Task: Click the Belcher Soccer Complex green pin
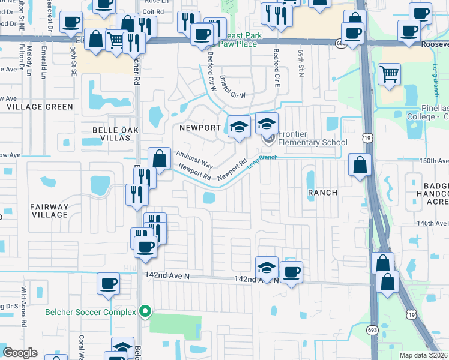click(x=145, y=311)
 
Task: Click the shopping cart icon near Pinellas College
click(x=390, y=75)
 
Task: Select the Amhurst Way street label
click(x=194, y=159)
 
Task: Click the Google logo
click(x=20, y=353)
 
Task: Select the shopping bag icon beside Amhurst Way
click(x=159, y=160)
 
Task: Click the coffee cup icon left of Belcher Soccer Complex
click(x=109, y=284)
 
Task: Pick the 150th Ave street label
click(x=433, y=161)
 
